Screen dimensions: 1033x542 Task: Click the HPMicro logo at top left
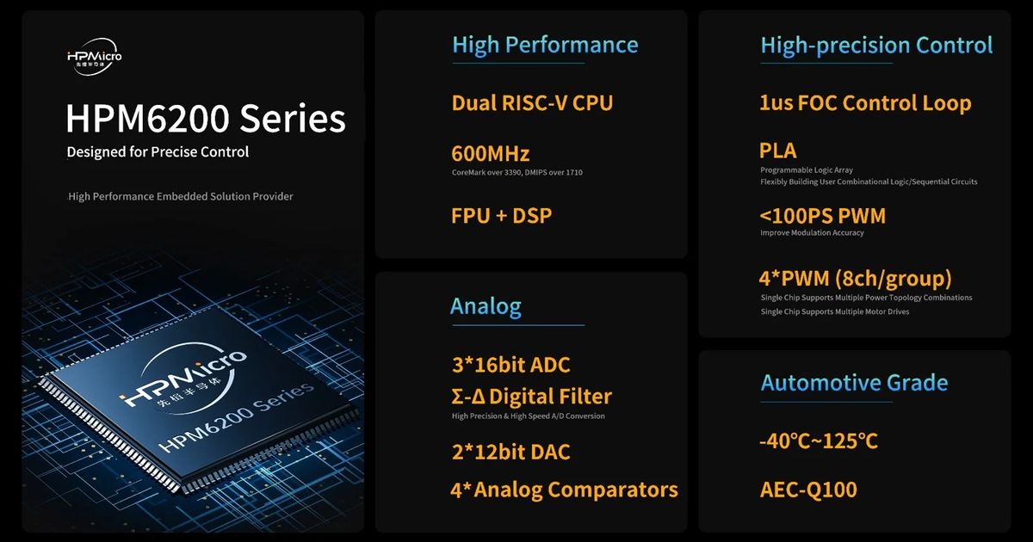point(95,57)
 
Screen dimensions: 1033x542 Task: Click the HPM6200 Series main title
point(206,119)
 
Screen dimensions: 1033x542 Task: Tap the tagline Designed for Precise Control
point(158,152)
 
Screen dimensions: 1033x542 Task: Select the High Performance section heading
point(545,45)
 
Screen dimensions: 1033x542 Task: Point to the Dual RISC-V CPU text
point(532,102)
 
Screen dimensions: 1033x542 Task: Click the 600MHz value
point(490,154)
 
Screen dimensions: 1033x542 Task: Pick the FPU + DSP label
point(501,216)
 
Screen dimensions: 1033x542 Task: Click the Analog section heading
point(486,306)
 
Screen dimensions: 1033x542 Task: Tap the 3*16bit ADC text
point(511,365)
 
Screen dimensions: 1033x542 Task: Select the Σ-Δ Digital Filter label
point(532,397)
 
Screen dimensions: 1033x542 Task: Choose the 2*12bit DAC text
point(511,452)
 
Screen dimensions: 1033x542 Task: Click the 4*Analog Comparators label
point(565,490)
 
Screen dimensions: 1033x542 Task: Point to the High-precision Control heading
point(876,46)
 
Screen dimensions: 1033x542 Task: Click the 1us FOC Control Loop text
point(866,103)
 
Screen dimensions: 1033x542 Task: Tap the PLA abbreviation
point(778,151)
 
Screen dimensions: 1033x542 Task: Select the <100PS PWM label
point(823,216)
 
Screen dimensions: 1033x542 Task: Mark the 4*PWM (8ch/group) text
point(856,279)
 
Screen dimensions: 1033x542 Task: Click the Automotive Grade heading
point(855,383)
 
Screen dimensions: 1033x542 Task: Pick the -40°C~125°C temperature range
point(819,441)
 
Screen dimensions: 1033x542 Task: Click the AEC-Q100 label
point(808,490)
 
